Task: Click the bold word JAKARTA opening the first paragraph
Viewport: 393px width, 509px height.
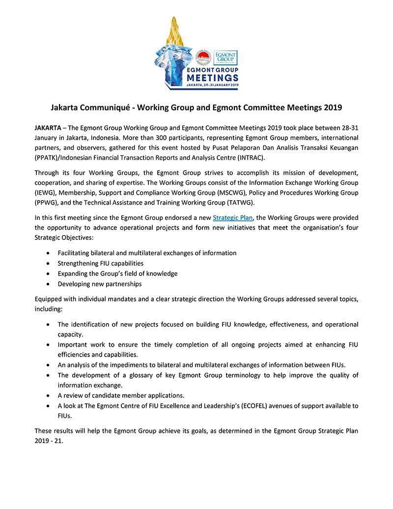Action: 48,127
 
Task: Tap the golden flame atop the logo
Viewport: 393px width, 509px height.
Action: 173,31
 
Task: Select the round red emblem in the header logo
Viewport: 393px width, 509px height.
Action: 202,58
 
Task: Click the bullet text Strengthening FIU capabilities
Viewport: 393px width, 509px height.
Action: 100,263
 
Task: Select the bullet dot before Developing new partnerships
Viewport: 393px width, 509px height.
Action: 48,284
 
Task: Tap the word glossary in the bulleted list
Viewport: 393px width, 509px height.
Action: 142,375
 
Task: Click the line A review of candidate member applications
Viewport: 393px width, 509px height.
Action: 121,395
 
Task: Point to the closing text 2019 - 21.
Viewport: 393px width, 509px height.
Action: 49,441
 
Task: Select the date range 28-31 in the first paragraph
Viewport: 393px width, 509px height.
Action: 348,127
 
